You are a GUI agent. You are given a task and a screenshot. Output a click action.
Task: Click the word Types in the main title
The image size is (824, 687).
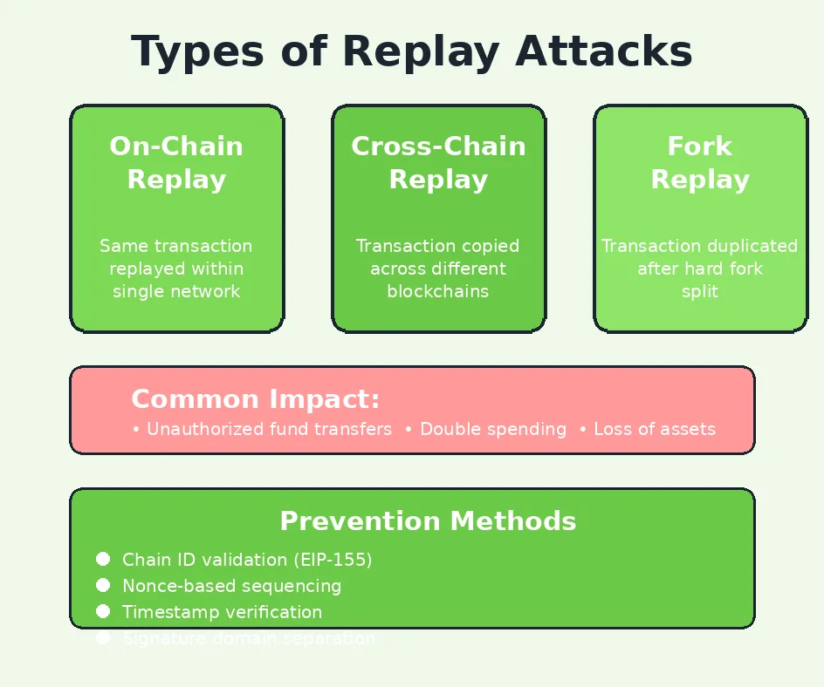(197, 52)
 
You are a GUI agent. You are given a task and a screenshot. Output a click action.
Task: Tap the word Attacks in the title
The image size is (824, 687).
(604, 52)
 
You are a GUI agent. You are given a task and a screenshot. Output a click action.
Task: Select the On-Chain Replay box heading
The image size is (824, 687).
(176, 163)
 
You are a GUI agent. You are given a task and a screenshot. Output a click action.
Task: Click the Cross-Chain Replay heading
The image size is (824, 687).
(438, 163)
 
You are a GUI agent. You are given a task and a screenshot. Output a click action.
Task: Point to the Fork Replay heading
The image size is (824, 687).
(700, 163)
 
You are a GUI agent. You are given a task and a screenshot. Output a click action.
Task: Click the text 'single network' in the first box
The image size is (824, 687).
(176, 291)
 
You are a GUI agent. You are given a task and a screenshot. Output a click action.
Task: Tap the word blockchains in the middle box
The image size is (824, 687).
(438, 291)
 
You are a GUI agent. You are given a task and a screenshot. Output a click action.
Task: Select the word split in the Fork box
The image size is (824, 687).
(700, 291)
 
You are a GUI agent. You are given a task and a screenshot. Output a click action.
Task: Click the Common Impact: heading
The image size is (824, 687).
(256, 399)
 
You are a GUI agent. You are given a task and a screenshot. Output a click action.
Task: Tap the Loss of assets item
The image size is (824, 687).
(654, 429)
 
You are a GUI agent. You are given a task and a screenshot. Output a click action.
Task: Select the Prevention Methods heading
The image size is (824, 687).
(428, 521)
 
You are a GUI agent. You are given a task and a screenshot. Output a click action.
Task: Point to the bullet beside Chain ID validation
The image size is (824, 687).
(103, 559)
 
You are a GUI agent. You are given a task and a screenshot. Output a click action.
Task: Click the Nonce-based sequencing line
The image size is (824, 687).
(231, 586)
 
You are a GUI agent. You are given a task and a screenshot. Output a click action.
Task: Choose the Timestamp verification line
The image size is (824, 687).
(222, 612)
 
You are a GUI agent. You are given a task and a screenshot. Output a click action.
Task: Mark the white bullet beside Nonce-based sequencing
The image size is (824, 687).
(103, 585)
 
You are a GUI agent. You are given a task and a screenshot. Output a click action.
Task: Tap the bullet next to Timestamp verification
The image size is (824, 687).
(103, 611)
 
